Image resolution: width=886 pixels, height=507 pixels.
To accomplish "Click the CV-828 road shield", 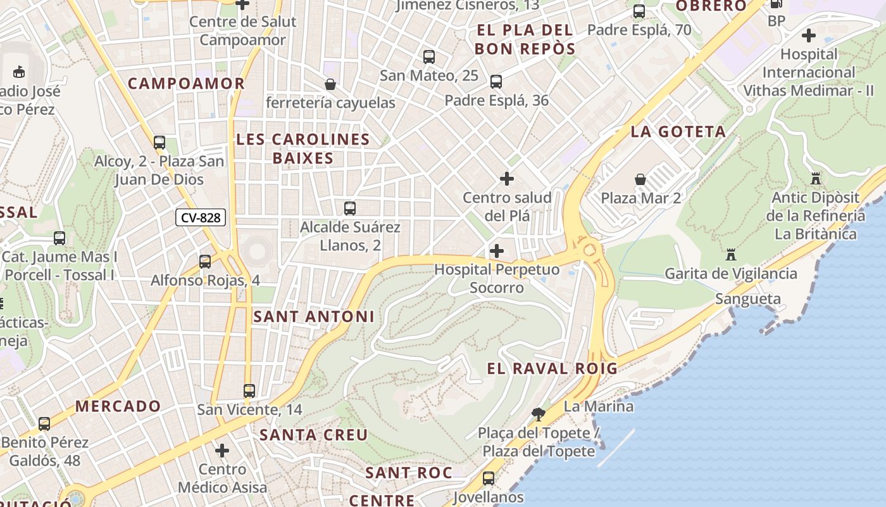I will (201, 218).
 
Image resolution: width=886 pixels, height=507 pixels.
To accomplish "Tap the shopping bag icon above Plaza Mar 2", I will (640, 179).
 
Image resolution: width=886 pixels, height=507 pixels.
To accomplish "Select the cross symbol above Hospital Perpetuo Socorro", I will (497, 251).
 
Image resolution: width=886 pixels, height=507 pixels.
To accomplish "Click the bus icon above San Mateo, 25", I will (429, 57).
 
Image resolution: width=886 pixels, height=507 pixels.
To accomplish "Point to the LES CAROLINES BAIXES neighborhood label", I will (303, 149).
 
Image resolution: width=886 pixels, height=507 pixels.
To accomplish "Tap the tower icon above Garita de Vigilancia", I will (731, 255).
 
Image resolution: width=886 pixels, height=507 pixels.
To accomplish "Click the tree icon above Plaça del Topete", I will (539, 414).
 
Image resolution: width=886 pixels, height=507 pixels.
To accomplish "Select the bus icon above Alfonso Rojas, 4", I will (205, 261).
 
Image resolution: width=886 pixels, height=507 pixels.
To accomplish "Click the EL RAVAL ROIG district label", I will (552, 368).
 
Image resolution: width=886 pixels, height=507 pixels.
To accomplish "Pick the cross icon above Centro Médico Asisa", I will (221, 451).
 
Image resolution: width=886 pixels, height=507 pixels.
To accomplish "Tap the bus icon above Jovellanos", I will (489, 478).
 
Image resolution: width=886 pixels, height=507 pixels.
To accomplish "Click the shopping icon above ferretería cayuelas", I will (330, 84).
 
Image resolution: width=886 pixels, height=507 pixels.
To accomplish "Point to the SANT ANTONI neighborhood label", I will (314, 316).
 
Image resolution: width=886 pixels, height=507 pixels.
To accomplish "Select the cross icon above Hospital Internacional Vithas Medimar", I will (808, 35).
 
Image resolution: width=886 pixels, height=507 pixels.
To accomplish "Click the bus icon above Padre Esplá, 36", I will (496, 82).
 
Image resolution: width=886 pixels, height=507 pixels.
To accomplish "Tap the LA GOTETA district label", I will (678, 132).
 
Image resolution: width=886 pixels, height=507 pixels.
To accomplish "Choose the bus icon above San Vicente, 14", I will (249, 390).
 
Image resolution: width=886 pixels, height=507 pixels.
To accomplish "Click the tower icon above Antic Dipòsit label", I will (815, 179).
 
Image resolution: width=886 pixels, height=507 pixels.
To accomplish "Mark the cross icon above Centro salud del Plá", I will (507, 179).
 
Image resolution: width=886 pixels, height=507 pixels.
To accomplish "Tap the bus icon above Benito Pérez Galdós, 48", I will (44, 423).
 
